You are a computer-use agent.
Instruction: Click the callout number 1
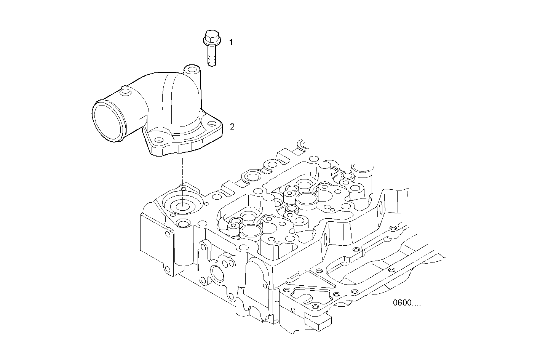tap(230, 42)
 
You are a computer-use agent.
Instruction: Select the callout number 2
tap(232, 126)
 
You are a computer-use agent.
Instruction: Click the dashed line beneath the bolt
tap(212, 88)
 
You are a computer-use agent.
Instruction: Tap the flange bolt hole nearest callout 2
tap(210, 123)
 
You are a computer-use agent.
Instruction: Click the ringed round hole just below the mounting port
tap(183, 223)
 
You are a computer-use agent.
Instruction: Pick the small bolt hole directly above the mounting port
tap(184, 189)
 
